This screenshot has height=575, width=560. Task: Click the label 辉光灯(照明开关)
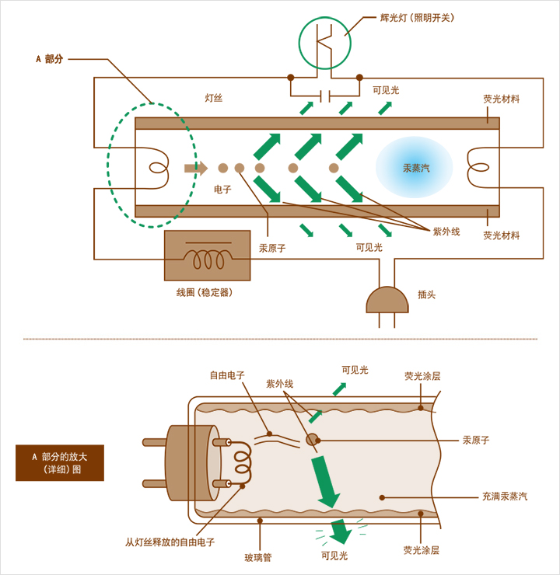417,18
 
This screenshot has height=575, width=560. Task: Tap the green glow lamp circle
324,44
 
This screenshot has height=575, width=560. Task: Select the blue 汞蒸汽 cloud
415,167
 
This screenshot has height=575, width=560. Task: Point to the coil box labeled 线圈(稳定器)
207,256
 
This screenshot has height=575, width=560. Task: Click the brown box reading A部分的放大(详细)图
60,462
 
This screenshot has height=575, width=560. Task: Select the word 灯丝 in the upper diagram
214,99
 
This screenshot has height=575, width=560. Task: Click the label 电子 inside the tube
222,190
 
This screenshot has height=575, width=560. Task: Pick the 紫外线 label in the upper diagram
446,232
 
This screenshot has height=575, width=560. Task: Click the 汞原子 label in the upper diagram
272,249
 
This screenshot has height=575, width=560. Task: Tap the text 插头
426,295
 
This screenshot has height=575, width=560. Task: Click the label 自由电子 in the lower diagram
227,375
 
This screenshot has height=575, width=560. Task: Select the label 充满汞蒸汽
504,497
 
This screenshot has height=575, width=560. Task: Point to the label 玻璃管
258,557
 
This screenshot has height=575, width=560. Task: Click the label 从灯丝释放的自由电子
170,542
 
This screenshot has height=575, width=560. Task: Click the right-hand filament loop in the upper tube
478,167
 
